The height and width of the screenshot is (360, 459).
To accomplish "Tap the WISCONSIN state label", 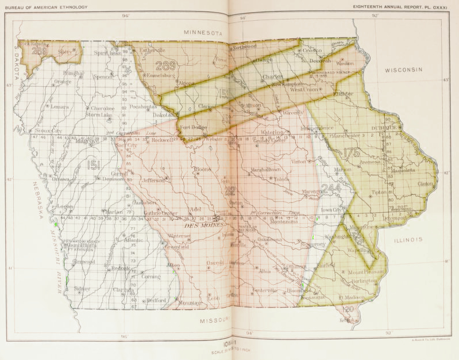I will pos(403,70).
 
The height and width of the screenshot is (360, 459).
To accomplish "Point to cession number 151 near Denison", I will pos(95,166).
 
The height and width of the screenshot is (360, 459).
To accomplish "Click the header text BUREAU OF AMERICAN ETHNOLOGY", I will pos(45,7).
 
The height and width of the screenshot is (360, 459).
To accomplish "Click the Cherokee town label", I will pos(103,108).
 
